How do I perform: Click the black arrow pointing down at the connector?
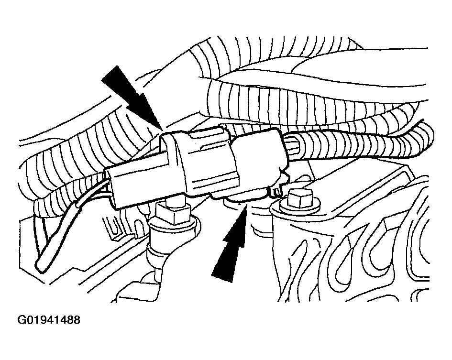coord(131,97)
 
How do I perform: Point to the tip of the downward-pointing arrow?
coord(162,129)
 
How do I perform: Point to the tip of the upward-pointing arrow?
coord(246,206)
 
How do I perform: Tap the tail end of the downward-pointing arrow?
coord(110,73)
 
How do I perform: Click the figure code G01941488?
coord(49,320)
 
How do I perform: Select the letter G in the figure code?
coord(22,320)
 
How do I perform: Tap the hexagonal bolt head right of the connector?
coord(300,198)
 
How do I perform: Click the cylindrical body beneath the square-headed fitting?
coord(173,239)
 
